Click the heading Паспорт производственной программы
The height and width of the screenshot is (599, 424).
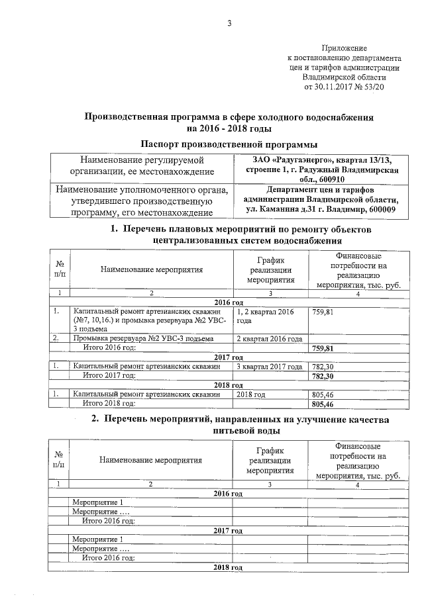click(229, 144)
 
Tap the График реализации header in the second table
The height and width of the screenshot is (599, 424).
click(270, 460)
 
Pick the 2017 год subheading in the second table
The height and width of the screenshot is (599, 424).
click(229, 531)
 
